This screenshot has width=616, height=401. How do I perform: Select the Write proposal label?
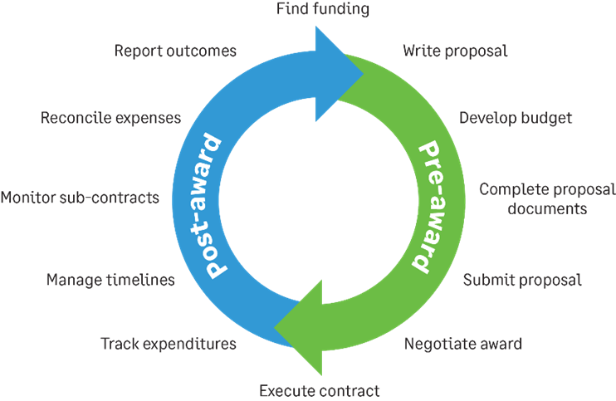pos(455,51)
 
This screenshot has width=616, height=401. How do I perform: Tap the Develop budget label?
pos(516,118)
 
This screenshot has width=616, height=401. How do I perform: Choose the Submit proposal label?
pos(522,280)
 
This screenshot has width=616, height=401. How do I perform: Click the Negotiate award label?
pos(463,342)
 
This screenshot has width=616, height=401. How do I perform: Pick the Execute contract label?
pos(320,390)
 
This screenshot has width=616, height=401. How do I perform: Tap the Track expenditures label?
pos(169,342)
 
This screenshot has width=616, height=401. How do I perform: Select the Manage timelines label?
pos(110,280)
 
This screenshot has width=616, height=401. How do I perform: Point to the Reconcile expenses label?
pos(110,118)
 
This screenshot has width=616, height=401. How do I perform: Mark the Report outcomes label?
pos(175,51)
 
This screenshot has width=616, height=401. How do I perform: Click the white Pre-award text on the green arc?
pos(435,204)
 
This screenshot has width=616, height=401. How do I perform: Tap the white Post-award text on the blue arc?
pos(207,204)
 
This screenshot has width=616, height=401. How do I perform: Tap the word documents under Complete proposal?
pos(548,208)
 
